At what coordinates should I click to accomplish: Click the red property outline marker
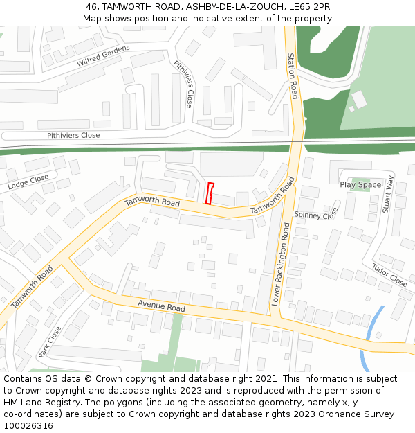210,193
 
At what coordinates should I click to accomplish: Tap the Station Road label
293,76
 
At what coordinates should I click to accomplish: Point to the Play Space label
360,185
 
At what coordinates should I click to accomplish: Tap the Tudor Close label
389,275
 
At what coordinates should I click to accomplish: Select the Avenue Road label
161,306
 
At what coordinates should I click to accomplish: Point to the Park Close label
50,341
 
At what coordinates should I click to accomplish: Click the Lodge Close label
28,182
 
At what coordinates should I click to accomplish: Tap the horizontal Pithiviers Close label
73,135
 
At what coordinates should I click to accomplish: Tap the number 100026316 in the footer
30,425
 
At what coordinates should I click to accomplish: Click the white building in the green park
359,100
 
